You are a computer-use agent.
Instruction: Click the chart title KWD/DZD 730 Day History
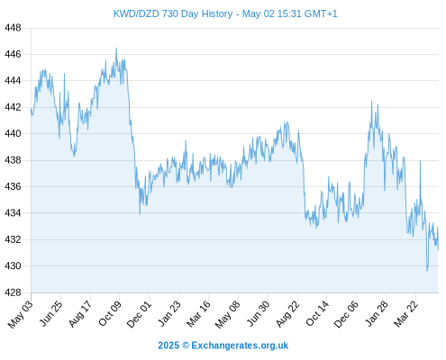click(x=173, y=13)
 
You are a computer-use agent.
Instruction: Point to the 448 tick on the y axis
click(x=13, y=28)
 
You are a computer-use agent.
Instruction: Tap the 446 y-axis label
click(x=13, y=54)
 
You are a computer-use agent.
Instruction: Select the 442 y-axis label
click(x=13, y=107)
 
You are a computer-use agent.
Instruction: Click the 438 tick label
click(x=13, y=160)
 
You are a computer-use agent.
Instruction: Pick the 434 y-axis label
click(x=13, y=213)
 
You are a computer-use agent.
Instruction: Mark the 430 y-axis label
click(x=13, y=266)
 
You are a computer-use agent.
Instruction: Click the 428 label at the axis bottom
click(x=13, y=292)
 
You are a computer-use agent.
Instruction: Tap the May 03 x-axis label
click(x=21, y=314)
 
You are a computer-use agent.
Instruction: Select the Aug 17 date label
click(x=80, y=314)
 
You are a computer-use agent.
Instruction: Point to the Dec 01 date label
click(x=139, y=314)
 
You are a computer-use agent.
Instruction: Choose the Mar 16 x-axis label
click(x=198, y=314)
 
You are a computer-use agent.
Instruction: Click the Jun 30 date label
click(x=258, y=314)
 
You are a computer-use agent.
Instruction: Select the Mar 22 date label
click(x=406, y=314)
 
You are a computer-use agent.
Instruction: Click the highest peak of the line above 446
click(x=116, y=49)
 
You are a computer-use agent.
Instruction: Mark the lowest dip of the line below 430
click(x=427, y=271)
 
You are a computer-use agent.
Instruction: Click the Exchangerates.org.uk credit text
click(x=240, y=346)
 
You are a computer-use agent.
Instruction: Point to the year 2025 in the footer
click(x=168, y=346)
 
